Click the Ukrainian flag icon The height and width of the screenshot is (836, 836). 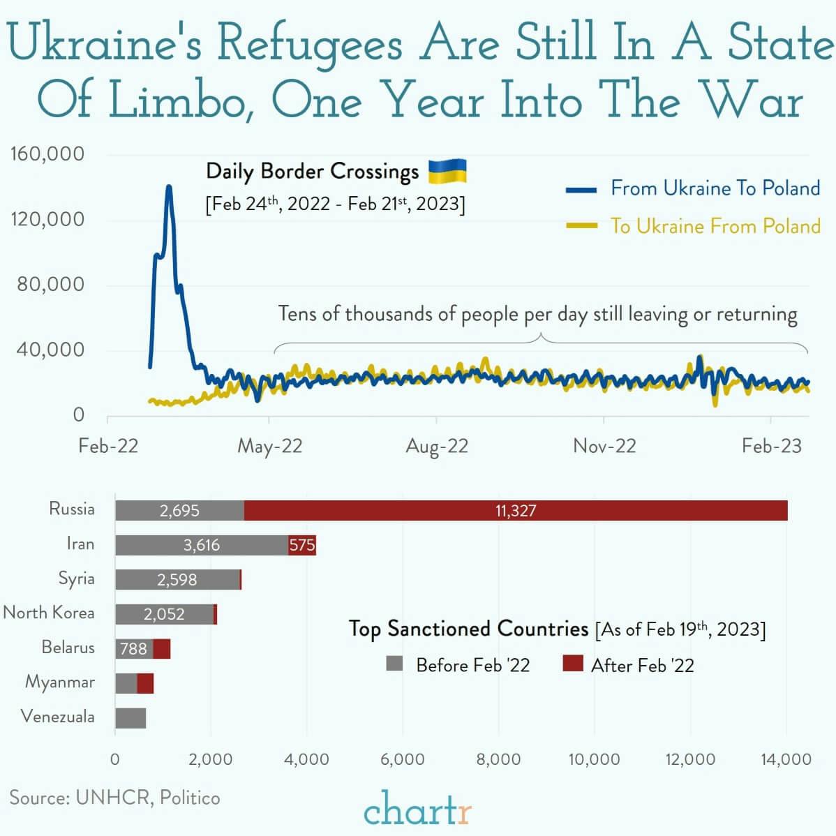[x=447, y=171]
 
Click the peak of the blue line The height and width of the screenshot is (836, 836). [x=169, y=187]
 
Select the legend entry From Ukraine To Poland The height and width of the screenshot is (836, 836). [x=715, y=188]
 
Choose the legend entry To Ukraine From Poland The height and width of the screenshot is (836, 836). [x=715, y=226]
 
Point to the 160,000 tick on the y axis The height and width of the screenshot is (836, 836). [x=47, y=154]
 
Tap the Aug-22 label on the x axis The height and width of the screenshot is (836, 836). [x=437, y=446]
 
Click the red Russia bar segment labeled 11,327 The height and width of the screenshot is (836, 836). [x=516, y=510]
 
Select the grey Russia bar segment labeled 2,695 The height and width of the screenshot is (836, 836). [x=179, y=510]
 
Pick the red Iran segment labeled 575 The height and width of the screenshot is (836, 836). [x=302, y=545]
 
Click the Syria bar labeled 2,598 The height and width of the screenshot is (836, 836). [x=177, y=579]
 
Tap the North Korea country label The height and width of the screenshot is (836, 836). [x=49, y=613]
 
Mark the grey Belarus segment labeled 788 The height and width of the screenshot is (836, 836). [x=134, y=649]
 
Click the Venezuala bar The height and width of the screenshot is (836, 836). [x=130, y=718]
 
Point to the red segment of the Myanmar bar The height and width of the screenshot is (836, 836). [x=145, y=683]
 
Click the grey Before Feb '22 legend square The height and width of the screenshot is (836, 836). [x=395, y=663]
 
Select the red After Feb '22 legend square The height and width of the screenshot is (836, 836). [x=572, y=663]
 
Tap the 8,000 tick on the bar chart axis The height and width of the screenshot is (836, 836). [x=498, y=759]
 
